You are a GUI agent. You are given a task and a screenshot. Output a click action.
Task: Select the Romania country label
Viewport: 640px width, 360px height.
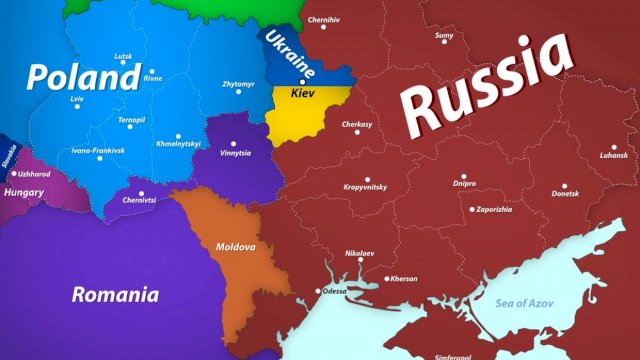115,294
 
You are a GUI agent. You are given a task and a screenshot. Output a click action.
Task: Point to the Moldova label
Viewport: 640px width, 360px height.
236,246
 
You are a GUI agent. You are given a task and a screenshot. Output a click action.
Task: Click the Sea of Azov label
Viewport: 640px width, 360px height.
530,300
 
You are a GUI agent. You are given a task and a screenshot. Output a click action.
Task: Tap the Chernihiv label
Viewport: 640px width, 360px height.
324,20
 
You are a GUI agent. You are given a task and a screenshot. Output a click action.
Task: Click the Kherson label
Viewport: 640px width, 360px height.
404,278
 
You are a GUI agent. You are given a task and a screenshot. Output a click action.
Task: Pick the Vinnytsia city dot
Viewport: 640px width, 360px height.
234,144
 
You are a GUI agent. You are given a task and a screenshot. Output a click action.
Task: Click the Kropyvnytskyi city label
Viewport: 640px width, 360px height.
373,187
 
